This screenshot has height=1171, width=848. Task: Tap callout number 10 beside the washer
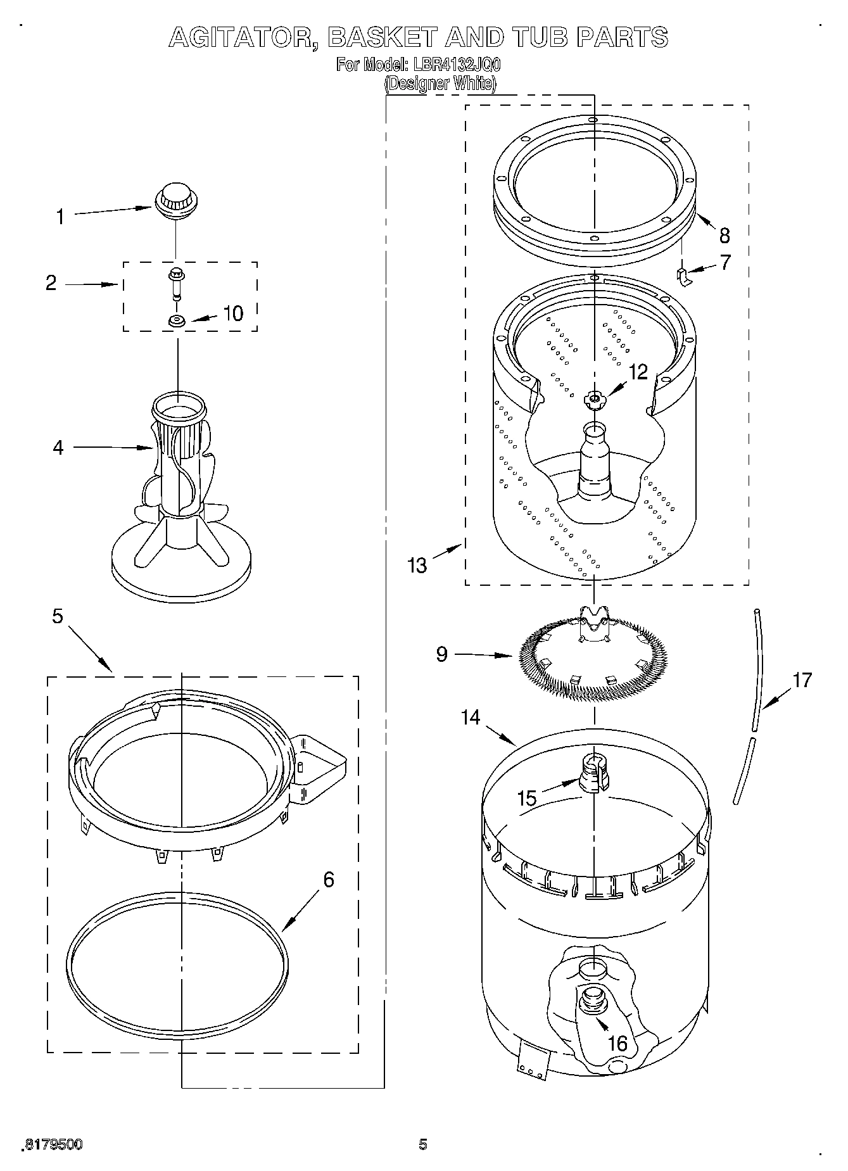click(x=233, y=313)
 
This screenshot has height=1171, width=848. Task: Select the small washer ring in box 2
click(x=177, y=321)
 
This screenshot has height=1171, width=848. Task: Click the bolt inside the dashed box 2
click(x=175, y=282)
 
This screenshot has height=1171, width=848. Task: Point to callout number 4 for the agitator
click(x=58, y=448)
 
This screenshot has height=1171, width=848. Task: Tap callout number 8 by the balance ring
click(x=725, y=236)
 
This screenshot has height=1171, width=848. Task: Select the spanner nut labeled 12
click(x=593, y=398)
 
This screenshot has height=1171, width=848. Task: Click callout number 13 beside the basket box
click(x=417, y=564)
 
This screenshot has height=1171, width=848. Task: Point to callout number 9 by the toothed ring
click(x=442, y=654)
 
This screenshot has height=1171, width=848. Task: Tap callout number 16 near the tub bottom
click(x=617, y=1043)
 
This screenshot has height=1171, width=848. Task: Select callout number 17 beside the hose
click(x=802, y=680)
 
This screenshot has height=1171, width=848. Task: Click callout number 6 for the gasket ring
click(x=328, y=880)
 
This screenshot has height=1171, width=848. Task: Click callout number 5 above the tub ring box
click(x=58, y=616)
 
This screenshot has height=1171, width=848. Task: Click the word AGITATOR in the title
click(x=244, y=37)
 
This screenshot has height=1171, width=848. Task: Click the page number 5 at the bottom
click(x=423, y=1144)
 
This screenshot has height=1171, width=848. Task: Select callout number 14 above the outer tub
click(x=470, y=718)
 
